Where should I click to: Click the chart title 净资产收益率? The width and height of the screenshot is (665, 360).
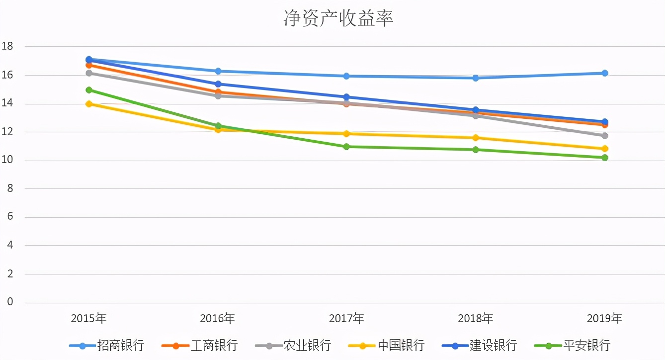(338, 18)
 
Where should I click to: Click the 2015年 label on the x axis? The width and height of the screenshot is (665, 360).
(89, 318)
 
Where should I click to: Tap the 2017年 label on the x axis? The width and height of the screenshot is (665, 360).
(346, 318)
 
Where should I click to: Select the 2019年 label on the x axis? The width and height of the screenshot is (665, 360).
(604, 318)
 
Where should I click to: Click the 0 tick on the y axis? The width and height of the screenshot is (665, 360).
(10, 302)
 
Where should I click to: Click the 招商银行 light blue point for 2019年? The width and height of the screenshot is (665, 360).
(605, 73)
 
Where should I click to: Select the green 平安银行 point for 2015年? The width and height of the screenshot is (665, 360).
(89, 90)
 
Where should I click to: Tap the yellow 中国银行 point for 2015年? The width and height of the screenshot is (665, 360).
(89, 104)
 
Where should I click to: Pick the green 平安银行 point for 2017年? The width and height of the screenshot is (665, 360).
(346, 147)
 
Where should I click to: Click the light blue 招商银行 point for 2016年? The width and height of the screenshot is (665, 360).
(218, 71)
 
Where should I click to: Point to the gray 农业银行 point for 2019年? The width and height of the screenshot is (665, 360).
(605, 136)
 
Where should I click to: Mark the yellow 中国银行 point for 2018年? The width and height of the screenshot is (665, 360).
(476, 138)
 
